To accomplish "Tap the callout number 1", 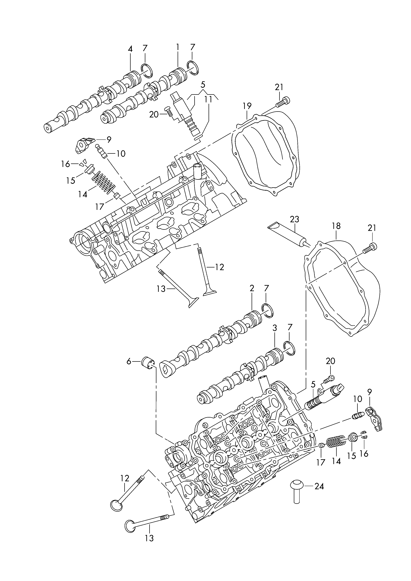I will (x=178, y=47).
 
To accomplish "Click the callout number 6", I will (x=129, y=362).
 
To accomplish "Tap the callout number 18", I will (x=336, y=226).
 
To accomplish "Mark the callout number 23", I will (x=295, y=219).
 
